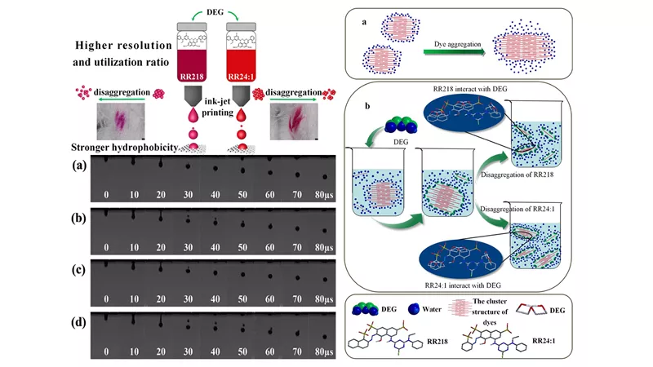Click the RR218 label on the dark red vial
pos(192,77)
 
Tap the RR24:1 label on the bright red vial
pos(241,77)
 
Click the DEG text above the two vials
pos(215,12)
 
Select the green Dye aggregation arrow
pos(455,52)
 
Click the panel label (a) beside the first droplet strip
pos(79,166)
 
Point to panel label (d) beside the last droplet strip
pos(79,322)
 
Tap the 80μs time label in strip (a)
pos(324,195)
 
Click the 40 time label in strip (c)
pos(215,298)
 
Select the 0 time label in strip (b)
pos(106,247)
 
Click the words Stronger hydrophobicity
pos(125,148)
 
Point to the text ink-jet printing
pos(217,107)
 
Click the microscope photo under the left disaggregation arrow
pos(121,121)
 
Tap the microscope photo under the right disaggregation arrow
pos(294,121)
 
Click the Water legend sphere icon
pos(414,309)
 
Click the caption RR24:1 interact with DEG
pos(463,285)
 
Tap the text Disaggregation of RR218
pos(518,175)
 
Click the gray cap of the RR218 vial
pos(192,27)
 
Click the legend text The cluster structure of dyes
pos(490,312)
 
